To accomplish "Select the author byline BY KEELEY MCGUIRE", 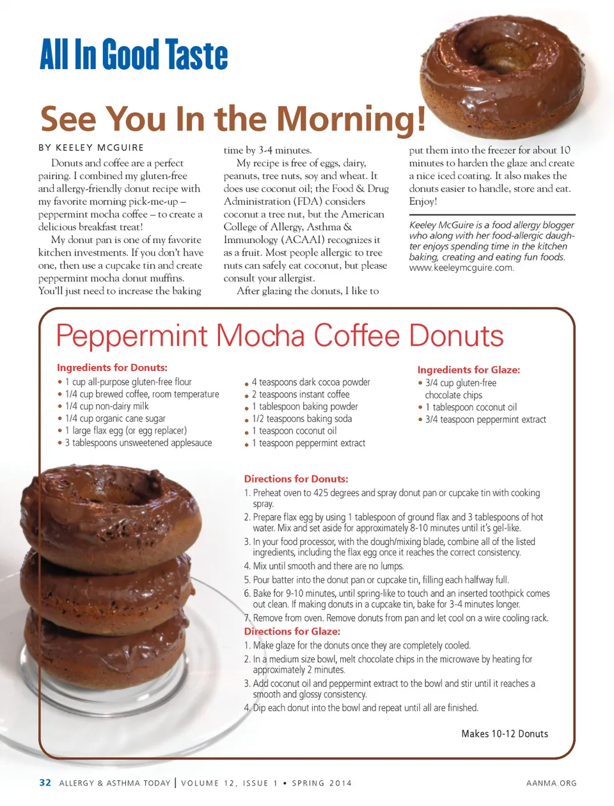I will pos(91,148).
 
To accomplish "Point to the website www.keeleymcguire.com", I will pos(461,268).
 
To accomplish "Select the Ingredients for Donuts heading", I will pos(112,368).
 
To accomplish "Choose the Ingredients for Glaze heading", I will pos(468,370).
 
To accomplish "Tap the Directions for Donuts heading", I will pos(295,479).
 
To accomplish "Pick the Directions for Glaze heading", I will pos(292,631).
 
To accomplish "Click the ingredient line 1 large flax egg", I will pos(125,431).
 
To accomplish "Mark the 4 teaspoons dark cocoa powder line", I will pos(310,382).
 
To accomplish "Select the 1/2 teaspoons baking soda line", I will pos(301,418).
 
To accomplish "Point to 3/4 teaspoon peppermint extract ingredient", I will pos(485,420).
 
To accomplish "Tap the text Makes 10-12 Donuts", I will pos(505,734).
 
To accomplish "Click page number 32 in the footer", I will pos(45,782).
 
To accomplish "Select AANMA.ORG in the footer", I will pos(551,783).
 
